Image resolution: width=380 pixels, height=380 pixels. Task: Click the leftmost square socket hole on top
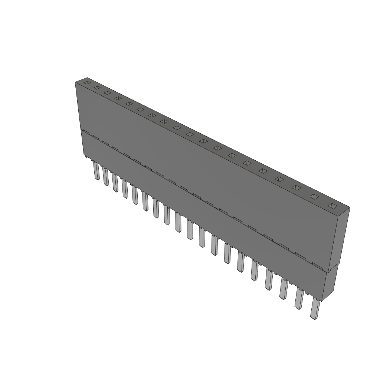(86, 83)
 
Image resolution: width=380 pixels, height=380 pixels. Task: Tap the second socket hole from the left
(97, 88)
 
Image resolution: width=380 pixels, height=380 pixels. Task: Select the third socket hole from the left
(107, 92)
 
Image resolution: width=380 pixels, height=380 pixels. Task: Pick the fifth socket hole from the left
(129, 104)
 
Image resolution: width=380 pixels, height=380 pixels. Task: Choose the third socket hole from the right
(296, 187)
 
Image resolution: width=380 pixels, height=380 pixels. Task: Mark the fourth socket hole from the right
(279, 179)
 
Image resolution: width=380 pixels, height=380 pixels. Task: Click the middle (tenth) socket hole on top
(190, 134)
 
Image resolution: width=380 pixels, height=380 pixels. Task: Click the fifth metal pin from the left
(135, 196)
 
